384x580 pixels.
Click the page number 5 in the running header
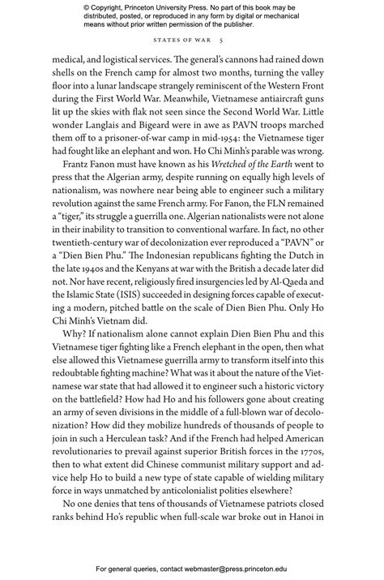coord(232,41)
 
